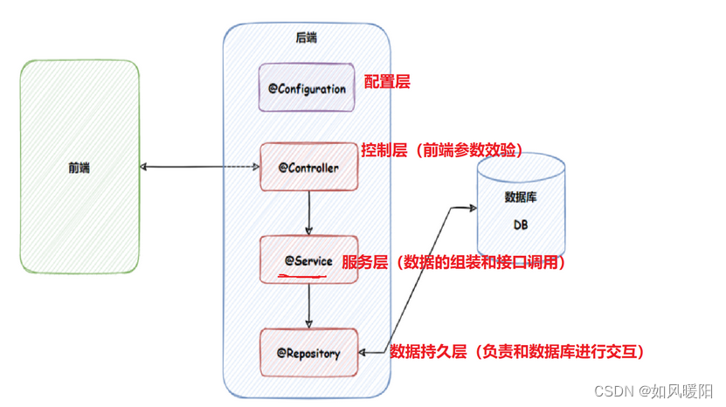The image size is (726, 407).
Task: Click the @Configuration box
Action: point(307,87)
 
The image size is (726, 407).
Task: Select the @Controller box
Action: point(308,166)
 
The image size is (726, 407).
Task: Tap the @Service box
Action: point(308,259)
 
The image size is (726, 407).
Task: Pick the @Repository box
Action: point(308,353)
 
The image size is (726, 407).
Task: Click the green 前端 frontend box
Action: point(80,166)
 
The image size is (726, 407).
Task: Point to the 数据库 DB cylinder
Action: point(520,205)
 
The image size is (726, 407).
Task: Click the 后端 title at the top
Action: point(306,38)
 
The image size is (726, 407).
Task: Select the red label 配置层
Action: point(386,82)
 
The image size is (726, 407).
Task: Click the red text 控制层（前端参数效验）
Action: point(441,150)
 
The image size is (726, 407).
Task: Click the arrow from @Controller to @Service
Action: point(309,210)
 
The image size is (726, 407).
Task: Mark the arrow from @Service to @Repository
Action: point(309,306)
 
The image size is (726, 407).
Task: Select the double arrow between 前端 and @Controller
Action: point(200,167)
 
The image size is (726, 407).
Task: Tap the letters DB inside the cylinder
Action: point(520,225)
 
